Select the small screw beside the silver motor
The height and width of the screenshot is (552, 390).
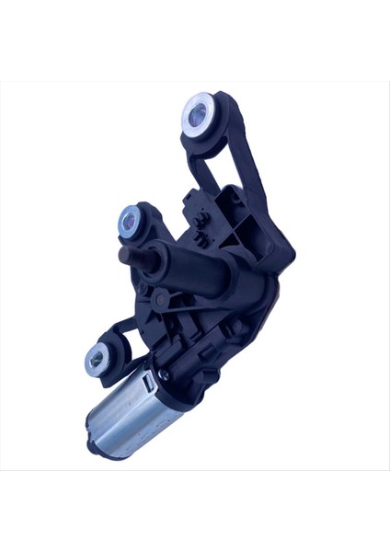coord(164,375)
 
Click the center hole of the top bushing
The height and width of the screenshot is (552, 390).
coord(197,114)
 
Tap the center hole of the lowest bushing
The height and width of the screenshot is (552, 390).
coord(96,360)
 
